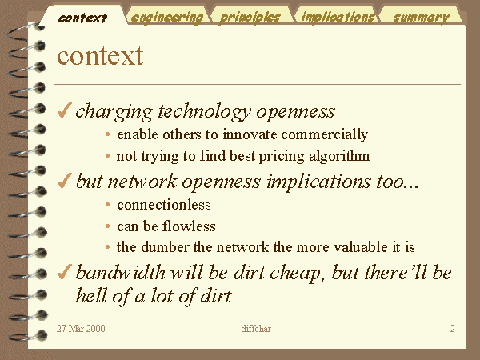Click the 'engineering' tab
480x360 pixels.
click(167, 16)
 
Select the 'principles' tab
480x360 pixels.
click(250, 16)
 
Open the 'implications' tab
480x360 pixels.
click(338, 16)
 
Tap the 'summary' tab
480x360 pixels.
click(422, 16)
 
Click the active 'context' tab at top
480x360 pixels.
click(82, 17)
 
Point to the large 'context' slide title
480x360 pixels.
click(100, 56)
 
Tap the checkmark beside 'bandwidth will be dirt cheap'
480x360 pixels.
click(64, 271)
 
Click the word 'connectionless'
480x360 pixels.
click(164, 205)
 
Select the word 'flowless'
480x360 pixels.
click(189, 226)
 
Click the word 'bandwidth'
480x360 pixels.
click(121, 272)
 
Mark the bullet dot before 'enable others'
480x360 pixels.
click(107, 134)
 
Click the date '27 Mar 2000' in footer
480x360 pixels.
click(81, 329)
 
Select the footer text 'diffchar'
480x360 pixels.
click(256, 329)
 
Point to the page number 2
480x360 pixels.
click(453, 329)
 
